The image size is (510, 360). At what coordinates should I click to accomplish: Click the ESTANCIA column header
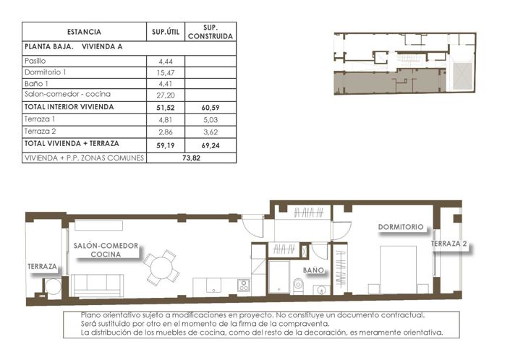click(x=84, y=32)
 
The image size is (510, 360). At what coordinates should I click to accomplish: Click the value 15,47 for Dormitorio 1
click(x=166, y=73)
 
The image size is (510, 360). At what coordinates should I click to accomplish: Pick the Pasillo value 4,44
click(x=166, y=61)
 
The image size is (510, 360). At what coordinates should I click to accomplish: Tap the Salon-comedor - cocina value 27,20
click(x=166, y=95)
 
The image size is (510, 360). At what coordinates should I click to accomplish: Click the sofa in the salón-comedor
click(x=99, y=286)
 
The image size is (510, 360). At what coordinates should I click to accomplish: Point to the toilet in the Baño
click(x=298, y=287)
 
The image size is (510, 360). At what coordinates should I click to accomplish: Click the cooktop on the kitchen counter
click(x=244, y=285)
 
